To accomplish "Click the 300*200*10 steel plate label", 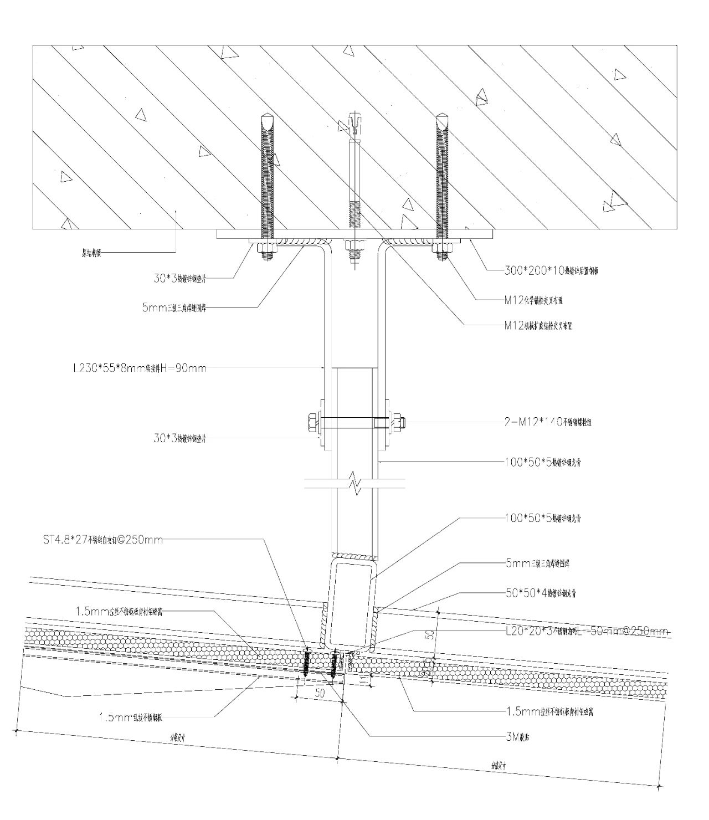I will click(x=552, y=271).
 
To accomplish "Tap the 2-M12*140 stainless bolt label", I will click(x=551, y=422).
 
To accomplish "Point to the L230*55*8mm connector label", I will click(x=140, y=367).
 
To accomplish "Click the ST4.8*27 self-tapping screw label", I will click(x=103, y=539).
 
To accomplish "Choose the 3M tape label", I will click(x=518, y=736).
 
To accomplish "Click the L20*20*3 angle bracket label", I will click(x=587, y=631).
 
